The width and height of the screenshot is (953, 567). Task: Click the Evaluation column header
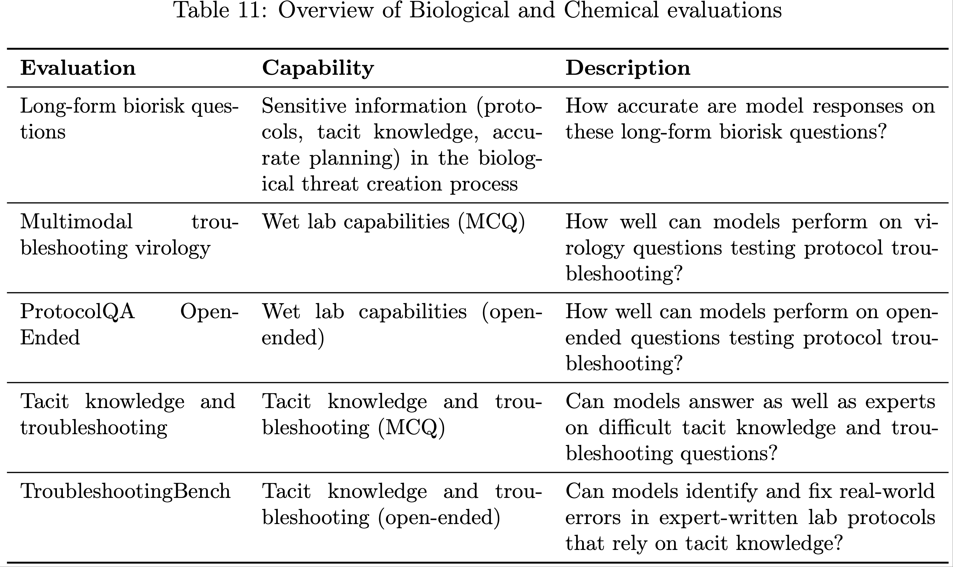78,69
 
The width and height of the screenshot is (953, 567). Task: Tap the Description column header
628,69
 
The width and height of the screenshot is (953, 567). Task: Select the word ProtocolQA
78,312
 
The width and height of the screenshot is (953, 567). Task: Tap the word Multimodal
77,222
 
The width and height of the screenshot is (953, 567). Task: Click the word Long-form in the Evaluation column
68,106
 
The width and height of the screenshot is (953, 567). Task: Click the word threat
330,184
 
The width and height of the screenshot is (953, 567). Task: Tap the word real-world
887,491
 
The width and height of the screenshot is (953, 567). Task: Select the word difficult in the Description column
635,428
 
